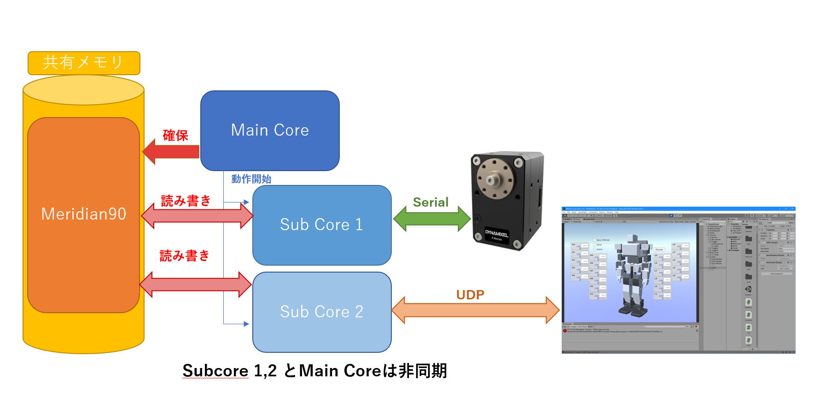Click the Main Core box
[270, 131]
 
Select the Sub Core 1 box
[322, 225]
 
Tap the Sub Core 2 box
[322, 312]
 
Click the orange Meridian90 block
[83, 214]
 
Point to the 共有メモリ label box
[84, 63]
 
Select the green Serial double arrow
[431, 218]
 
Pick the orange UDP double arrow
[475, 310]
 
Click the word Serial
[430, 202]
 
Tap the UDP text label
[470, 295]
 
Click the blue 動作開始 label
[251, 179]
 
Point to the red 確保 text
[175, 136]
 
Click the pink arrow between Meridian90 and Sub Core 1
[197, 215]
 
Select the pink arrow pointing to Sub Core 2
[195, 285]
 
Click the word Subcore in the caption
[215, 371]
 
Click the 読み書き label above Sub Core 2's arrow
[185, 255]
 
